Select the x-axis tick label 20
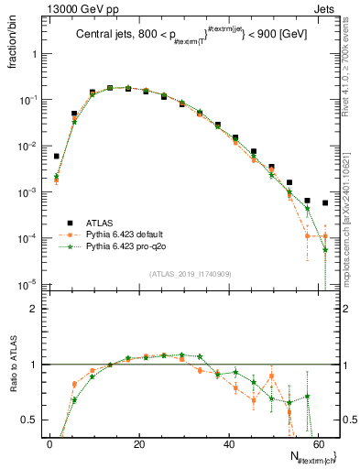pos(139,444)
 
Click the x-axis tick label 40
pos(228,444)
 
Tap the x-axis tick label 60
pos(317,444)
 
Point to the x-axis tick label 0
pos(50,444)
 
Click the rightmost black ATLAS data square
pos(325,202)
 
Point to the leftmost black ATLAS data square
pos(56,157)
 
